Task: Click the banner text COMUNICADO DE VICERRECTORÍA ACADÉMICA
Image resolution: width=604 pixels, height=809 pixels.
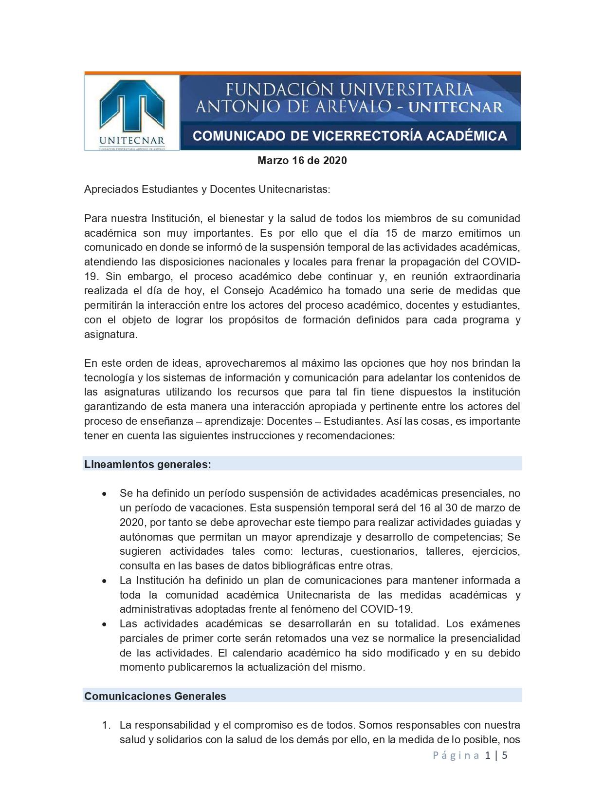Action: (x=350, y=136)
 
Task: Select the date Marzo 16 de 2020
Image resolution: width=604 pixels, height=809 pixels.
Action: (x=302, y=161)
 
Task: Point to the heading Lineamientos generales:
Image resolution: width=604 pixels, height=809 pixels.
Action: (x=147, y=464)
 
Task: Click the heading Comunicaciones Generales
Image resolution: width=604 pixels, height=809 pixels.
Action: (x=155, y=696)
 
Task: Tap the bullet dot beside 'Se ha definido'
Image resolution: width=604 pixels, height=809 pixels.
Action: (x=104, y=494)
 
